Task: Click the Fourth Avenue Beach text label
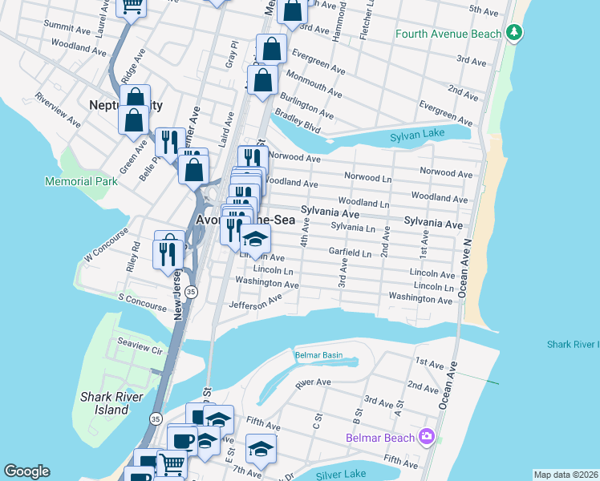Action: [x=448, y=34]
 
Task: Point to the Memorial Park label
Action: [x=83, y=181]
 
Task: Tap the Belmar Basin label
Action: [x=318, y=355]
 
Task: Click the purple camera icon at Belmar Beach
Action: [x=427, y=437]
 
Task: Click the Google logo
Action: [x=26, y=471]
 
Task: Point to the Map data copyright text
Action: [x=566, y=475]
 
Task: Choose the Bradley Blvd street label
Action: [x=297, y=123]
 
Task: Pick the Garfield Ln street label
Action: [x=350, y=253]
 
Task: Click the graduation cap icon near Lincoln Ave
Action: [x=256, y=240]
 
